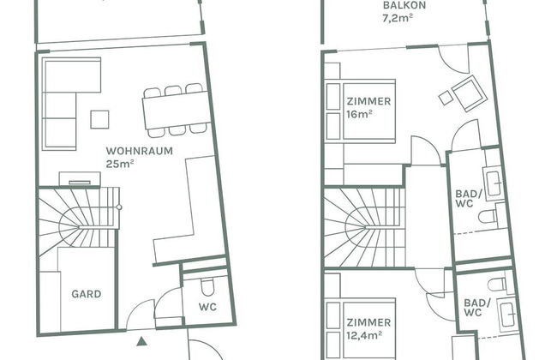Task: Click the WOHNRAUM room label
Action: pos(139,151)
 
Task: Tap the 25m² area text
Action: pos(120,164)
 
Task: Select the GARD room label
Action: pos(87,294)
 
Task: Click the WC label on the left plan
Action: pos(207,307)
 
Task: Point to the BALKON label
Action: pos(404,5)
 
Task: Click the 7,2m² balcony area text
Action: pos(398,18)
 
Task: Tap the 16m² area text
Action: pos(360,114)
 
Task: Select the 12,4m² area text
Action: pos(364,335)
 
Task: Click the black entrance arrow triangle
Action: pos(142,341)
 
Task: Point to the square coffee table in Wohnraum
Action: pos(99,119)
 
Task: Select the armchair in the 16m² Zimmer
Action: pos(470,93)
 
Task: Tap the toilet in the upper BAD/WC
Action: pos(489,216)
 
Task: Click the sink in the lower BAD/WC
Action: pos(508,313)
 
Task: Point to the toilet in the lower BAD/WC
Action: pos(498,285)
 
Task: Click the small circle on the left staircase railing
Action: pos(119,207)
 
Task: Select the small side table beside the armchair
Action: pos(446,98)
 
